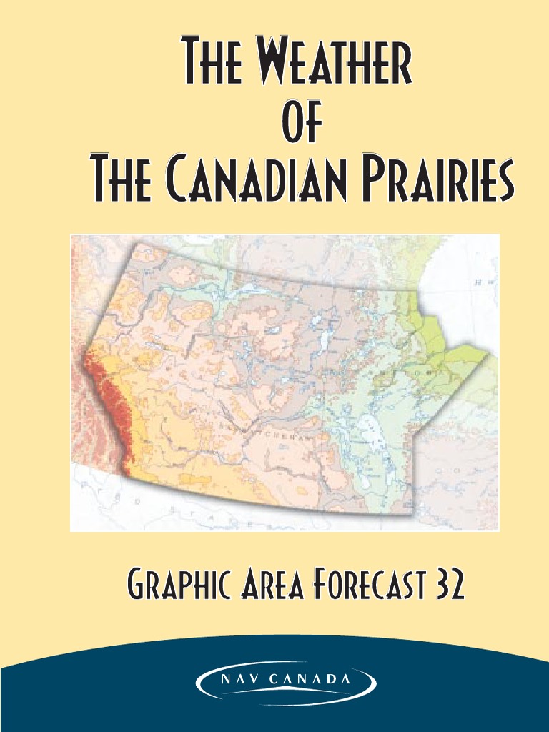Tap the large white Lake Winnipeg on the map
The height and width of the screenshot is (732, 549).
click(372, 436)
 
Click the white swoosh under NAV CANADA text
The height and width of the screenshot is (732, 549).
click(286, 696)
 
